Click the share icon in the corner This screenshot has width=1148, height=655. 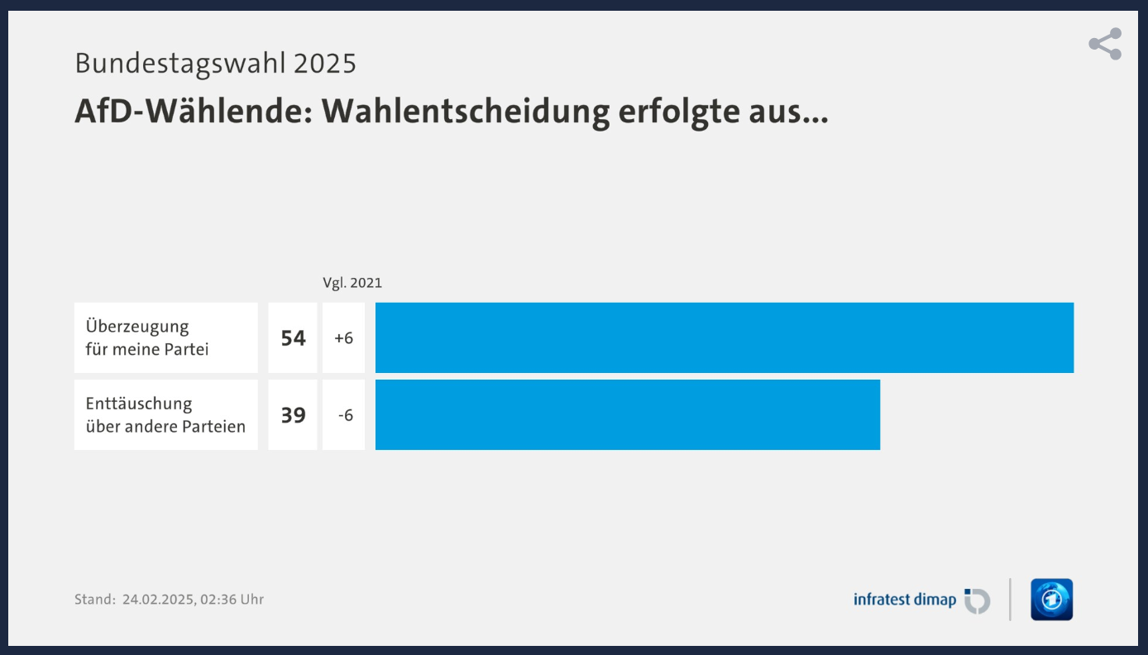click(1105, 44)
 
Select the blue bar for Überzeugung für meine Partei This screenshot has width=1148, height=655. click(724, 337)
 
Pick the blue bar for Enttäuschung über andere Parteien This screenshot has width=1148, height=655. click(627, 414)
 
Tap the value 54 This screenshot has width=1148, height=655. click(293, 338)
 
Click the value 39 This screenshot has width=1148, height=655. click(293, 415)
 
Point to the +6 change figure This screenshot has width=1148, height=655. click(343, 338)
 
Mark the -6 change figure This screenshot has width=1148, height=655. click(345, 415)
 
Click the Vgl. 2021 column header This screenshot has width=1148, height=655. click(352, 283)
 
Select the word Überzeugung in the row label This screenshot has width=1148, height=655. click(137, 327)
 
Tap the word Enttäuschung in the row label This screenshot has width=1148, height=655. click(139, 404)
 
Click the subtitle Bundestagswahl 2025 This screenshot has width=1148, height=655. click(215, 63)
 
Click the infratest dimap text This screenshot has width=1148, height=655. click(904, 600)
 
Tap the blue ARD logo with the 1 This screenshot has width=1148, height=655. click(1051, 600)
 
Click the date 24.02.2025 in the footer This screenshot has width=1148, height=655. click(159, 600)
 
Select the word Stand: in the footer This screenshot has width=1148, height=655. click(94, 600)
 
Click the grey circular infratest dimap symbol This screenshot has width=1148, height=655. click(978, 600)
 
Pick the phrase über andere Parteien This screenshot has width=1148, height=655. click(165, 427)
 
